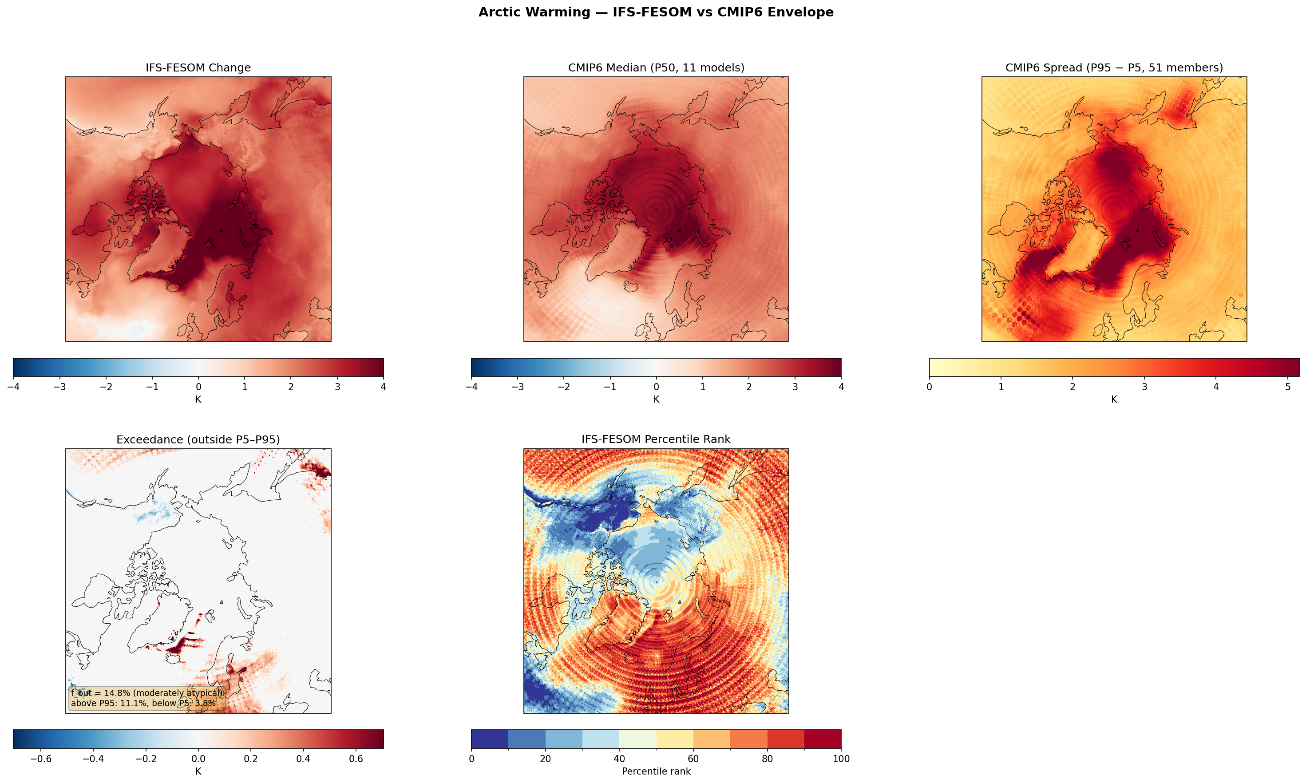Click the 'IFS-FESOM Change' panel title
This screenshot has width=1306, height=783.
point(198,67)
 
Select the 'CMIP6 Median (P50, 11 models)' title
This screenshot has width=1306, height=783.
point(656,67)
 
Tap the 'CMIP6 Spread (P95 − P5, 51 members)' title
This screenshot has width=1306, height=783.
point(1113,67)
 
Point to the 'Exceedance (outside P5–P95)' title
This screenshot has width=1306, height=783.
point(198,439)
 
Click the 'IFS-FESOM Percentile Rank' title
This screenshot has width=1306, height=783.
point(656,439)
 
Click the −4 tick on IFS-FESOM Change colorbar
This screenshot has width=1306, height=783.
point(13,387)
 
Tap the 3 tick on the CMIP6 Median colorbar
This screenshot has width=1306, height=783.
point(795,387)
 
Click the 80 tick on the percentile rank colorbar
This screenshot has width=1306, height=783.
point(767,759)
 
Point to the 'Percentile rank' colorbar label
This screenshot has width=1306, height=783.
point(656,771)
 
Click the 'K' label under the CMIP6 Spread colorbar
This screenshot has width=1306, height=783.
point(1113,399)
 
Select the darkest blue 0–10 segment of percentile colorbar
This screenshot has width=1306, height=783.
point(489,739)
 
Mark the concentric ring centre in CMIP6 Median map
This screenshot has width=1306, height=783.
point(656,210)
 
